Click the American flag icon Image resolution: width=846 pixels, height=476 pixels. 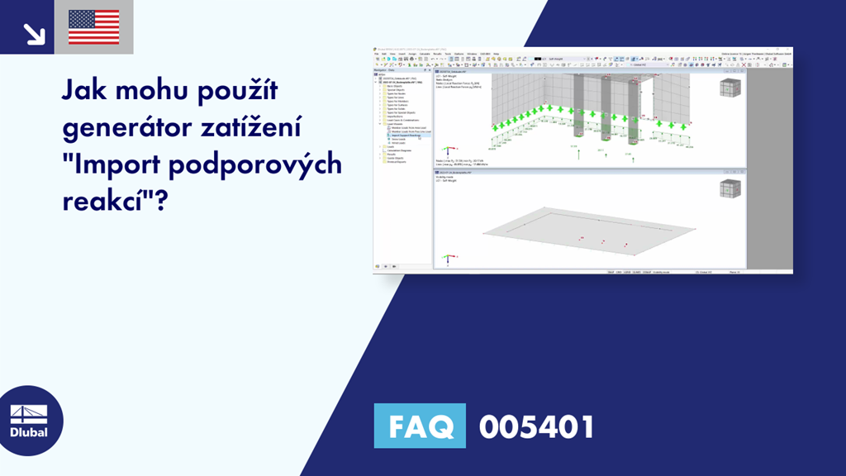tap(93, 27)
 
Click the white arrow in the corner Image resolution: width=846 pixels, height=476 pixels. tap(34, 33)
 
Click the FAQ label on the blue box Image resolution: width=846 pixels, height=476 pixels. tap(419, 426)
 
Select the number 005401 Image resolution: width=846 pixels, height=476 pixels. tap(536, 427)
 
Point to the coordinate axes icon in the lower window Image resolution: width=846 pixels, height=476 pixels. tap(448, 258)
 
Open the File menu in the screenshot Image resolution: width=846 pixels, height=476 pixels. tap(376, 54)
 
